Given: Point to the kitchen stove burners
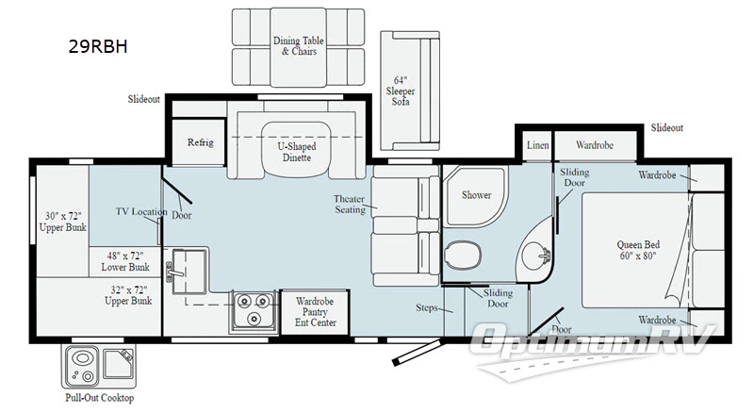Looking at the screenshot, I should (x=252, y=310).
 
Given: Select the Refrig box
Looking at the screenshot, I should (x=199, y=142).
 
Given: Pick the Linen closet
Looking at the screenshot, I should (x=537, y=146).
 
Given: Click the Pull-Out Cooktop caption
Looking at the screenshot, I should (x=99, y=398).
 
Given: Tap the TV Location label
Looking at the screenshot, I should (x=141, y=212).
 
